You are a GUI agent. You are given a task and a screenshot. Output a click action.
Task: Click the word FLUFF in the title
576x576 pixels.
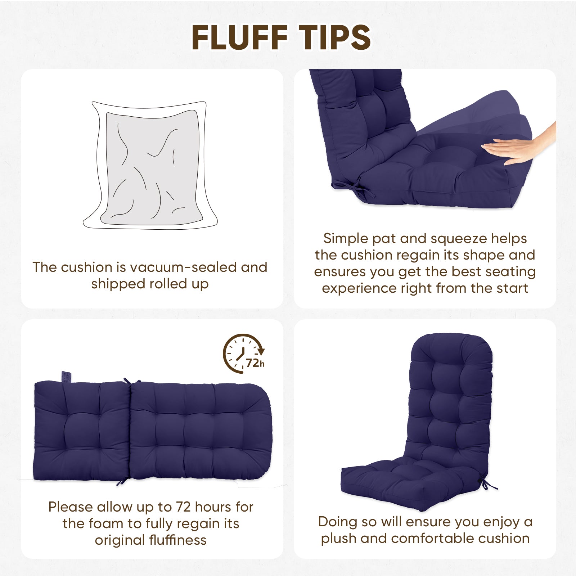[x=239, y=37]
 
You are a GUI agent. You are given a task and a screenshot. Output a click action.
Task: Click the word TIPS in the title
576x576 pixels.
[x=335, y=37]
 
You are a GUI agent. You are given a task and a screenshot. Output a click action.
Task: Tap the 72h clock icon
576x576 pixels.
[x=244, y=354]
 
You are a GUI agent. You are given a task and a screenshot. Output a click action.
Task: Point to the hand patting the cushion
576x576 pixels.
[x=518, y=146]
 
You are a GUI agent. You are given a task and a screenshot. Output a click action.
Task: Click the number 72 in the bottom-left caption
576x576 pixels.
[x=183, y=507]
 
